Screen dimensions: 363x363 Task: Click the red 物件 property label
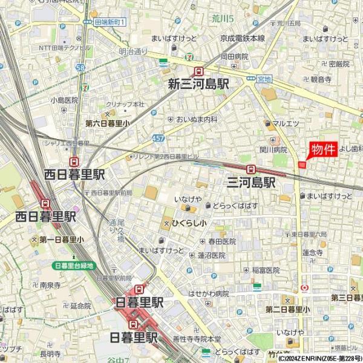(322, 150)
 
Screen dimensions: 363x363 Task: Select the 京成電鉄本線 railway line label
(242, 38)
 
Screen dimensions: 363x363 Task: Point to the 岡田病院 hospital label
(234, 56)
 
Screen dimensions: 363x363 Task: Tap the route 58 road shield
(81, 68)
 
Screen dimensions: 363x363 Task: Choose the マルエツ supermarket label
(286, 124)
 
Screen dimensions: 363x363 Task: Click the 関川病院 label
(273, 149)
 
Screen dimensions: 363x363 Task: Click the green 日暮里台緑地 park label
(74, 265)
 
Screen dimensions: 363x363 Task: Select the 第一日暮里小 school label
(62, 240)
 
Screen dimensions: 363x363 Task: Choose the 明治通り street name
(133, 52)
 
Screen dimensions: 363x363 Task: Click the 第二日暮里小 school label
(287, 309)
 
